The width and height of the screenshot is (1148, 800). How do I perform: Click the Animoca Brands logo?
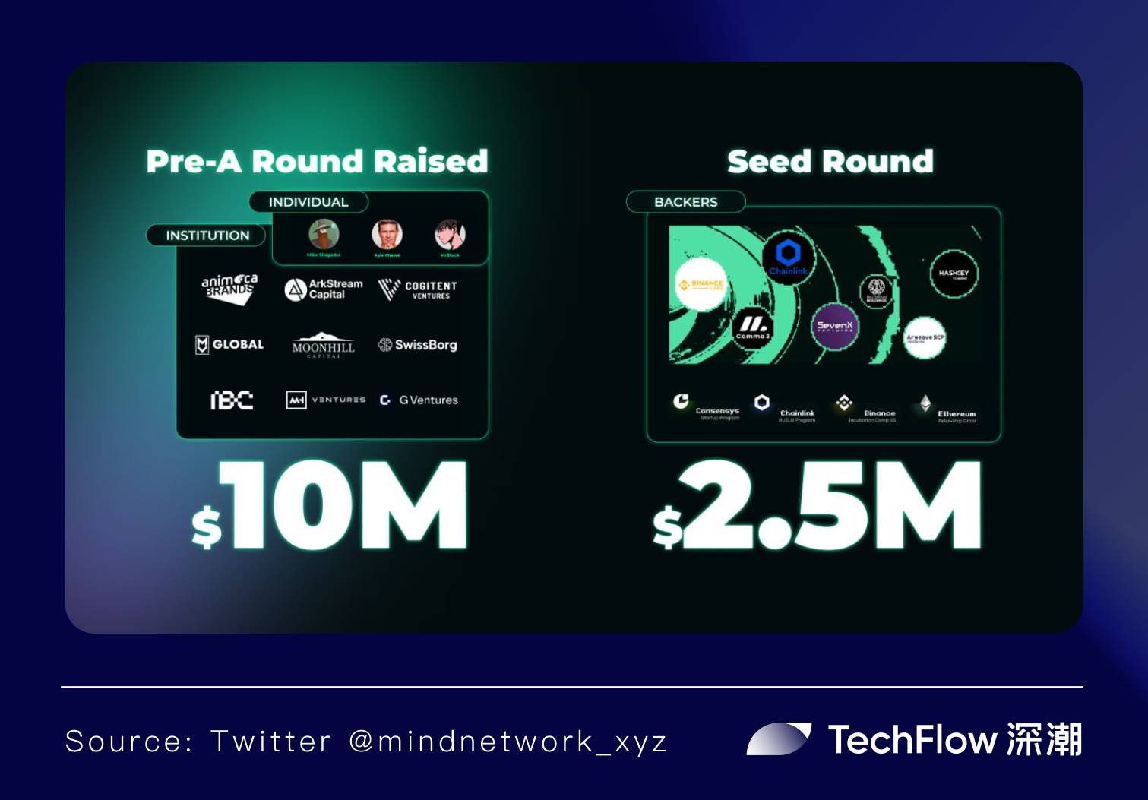(x=229, y=289)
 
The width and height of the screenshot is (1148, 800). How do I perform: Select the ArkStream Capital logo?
(x=324, y=289)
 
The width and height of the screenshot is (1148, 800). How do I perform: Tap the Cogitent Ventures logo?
(x=418, y=289)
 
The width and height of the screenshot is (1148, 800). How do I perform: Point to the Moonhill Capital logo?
(x=324, y=345)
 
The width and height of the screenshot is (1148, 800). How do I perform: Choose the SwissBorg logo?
(x=418, y=345)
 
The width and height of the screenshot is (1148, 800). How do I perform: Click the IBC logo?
(x=232, y=400)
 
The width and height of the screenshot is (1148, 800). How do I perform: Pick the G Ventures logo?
(x=419, y=400)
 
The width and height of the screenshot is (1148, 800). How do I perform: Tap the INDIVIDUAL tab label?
(x=308, y=202)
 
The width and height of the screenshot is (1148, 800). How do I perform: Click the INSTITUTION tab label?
(x=207, y=236)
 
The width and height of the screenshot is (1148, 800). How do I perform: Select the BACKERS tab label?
(x=685, y=202)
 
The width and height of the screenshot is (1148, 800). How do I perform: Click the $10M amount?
(x=330, y=505)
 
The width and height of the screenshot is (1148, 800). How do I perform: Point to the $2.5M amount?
(x=818, y=505)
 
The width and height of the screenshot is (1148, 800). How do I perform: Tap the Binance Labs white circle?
(x=701, y=285)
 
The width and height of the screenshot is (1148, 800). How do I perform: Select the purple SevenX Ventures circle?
(x=834, y=327)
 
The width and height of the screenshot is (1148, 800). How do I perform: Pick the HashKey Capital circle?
(x=954, y=274)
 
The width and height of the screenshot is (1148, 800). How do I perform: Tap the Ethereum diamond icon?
(x=925, y=403)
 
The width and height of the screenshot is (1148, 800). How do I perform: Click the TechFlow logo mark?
(x=779, y=739)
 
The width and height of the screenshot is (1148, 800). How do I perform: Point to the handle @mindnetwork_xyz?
(x=508, y=742)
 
